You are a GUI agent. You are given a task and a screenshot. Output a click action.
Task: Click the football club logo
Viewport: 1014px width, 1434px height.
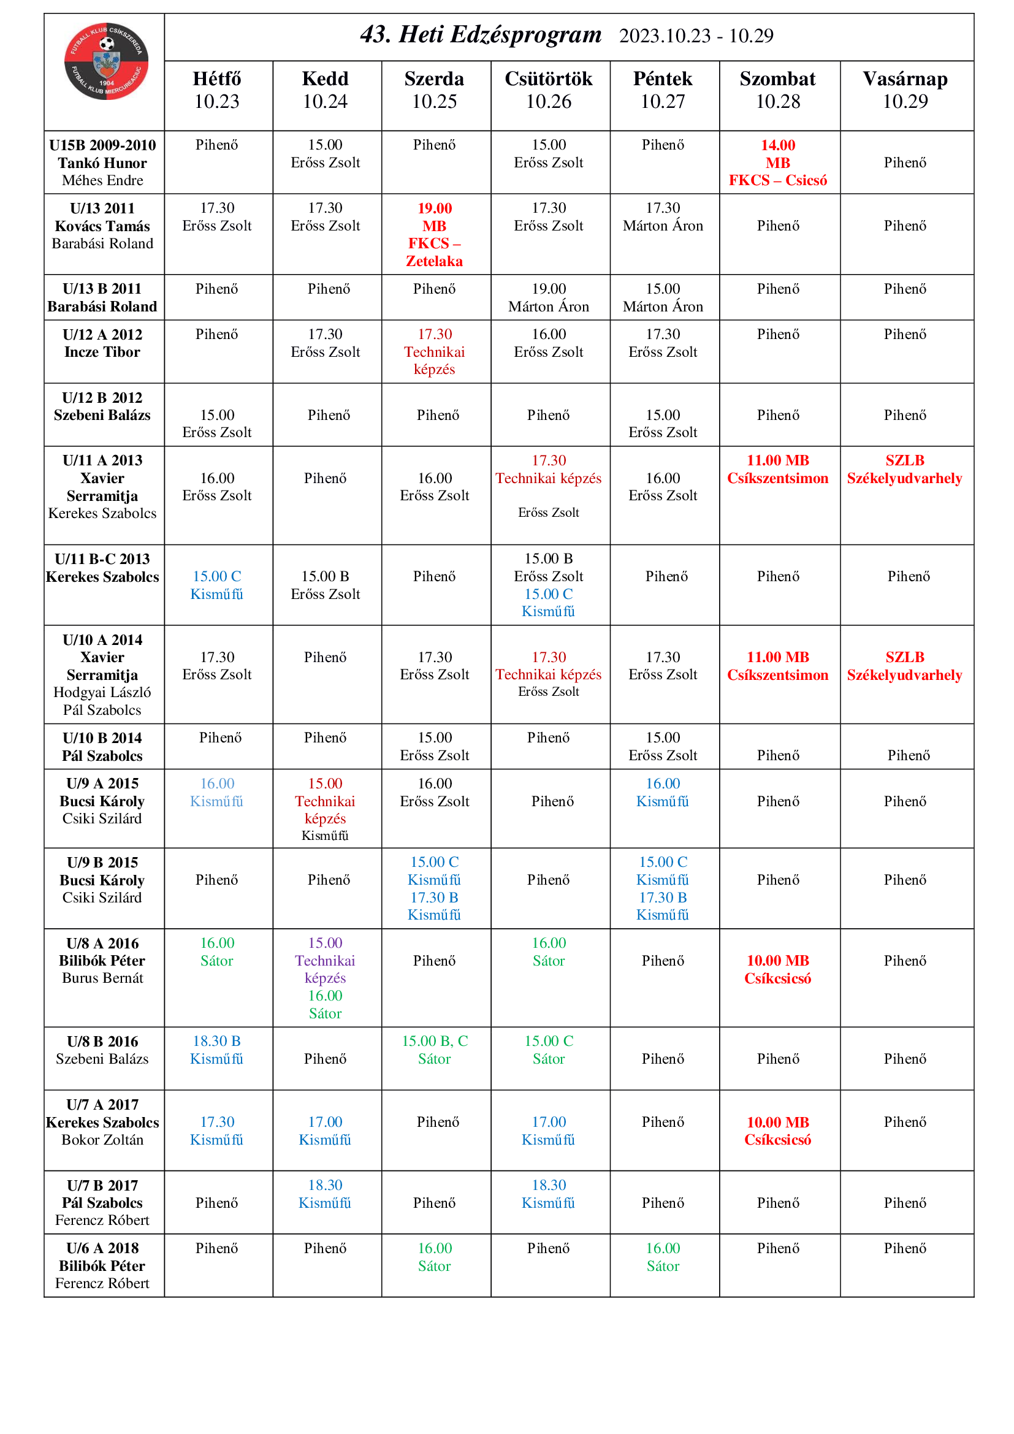[x=106, y=61]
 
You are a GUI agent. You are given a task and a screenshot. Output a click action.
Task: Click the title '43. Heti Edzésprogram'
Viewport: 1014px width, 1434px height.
[x=481, y=35]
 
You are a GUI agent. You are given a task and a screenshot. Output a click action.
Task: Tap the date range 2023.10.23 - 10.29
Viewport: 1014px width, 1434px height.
[x=696, y=36]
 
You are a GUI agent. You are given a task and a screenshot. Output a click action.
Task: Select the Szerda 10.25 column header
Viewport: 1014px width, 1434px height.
[x=435, y=90]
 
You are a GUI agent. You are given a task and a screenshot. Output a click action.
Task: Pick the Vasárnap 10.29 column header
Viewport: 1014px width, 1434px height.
[x=905, y=90]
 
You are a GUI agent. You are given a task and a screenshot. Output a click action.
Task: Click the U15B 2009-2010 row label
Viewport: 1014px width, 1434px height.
[x=102, y=162]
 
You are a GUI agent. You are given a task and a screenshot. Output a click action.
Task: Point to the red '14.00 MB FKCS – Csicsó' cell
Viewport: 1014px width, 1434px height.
[x=777, y=163]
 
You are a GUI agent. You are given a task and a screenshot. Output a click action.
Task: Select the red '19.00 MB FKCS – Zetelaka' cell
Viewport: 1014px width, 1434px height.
[x=435, y=234]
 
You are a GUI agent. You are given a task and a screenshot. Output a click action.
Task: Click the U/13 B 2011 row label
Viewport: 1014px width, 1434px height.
[x=102, y=297]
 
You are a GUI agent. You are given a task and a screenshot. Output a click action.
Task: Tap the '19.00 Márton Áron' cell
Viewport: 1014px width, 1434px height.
[x=548, y=297]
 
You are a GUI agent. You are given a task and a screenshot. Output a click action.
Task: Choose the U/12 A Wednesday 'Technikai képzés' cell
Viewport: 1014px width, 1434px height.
[x=435, y=352]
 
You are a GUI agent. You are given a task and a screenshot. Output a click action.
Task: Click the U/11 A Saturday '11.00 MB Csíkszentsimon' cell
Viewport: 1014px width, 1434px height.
[x=777, y=470]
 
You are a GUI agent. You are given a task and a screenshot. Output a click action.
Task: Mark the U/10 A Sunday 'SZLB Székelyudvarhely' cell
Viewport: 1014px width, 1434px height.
[x=905, y=666]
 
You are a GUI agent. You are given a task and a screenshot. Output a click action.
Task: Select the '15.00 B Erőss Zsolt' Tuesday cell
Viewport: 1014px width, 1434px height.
[x=326, y=585]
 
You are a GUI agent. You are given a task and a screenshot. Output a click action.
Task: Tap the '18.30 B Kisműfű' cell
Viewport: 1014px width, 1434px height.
[x=216, y=1050]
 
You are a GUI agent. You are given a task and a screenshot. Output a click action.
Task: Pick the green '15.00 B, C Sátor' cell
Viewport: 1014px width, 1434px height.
[x=435, y=1050]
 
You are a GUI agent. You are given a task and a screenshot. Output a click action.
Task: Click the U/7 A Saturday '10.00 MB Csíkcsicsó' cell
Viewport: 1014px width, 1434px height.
[x=777, y=1131]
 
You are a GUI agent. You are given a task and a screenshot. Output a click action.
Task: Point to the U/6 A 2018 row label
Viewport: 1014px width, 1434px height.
[x=102, y=1265]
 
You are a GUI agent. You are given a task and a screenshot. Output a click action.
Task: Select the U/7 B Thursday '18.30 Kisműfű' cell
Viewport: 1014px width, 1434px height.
[x=548, y=1194]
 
